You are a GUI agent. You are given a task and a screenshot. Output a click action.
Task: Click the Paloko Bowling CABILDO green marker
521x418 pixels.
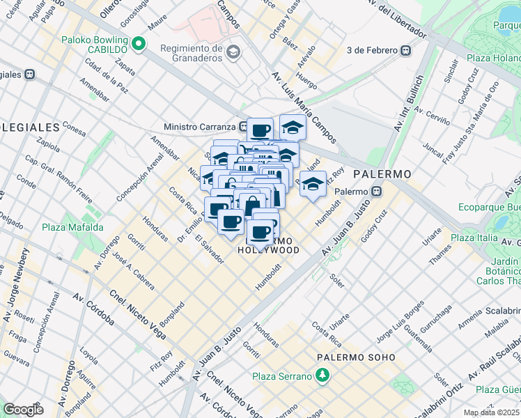click(139, 44)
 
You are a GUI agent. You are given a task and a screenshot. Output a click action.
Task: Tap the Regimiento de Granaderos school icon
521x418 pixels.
click(233, 52)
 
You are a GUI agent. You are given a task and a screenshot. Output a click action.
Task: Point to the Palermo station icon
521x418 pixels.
click(376, 191)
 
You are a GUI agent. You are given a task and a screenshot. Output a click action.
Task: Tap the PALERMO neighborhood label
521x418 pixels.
click(382, 173)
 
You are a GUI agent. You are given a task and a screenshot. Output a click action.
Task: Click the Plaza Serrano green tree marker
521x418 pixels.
click(322, 376)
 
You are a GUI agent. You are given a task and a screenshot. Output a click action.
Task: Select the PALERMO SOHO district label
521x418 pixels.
click(356, 357)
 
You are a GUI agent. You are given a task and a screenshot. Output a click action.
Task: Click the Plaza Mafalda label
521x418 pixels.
click(72, 227)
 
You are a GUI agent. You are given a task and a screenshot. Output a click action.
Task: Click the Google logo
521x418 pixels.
click(22, 410)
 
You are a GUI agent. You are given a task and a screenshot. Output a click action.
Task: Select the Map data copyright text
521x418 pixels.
click(492, 412)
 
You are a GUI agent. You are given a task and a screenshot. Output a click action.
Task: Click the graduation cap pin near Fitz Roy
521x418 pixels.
click(313, 185)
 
